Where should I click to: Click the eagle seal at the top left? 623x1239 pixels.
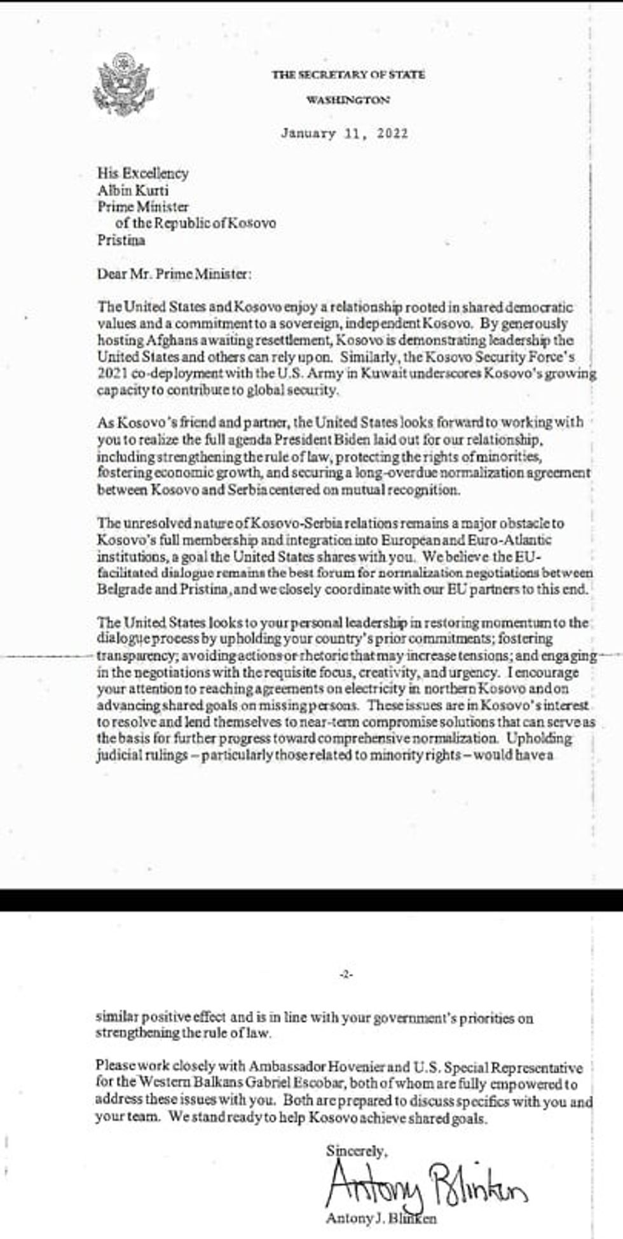(x=125, y=84)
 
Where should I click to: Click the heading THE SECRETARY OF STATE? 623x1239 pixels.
(x=348, y=74)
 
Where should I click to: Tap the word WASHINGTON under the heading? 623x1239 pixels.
(x=348, y=100)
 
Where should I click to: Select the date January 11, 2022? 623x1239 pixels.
(x=344, y=134)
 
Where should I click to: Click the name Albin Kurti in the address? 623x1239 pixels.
(x=133, y=190)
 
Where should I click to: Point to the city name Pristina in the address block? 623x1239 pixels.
(x=121, y=240)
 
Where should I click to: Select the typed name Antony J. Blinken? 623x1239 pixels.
(x=381, y=1219)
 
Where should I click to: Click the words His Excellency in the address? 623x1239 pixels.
(x=142, y=173)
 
